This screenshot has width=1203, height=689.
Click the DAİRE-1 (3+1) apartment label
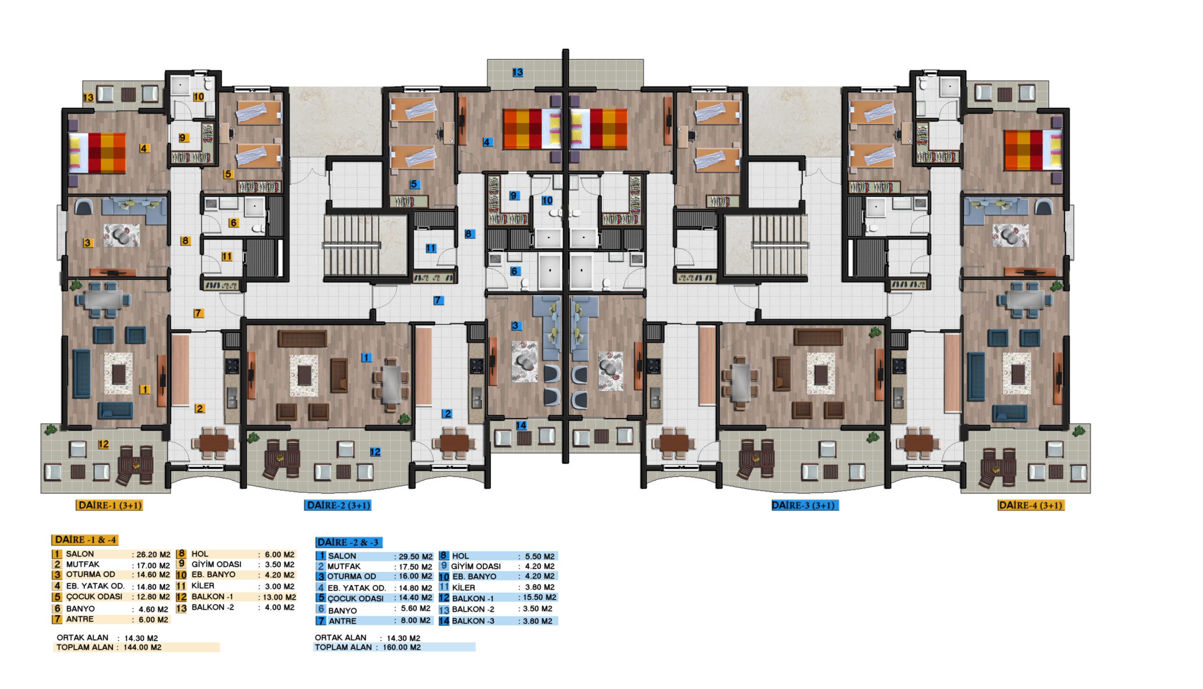coord(109,505)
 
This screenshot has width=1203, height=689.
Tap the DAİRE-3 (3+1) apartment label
coord(805,505)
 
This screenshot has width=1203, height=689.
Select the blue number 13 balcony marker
coord(518,72)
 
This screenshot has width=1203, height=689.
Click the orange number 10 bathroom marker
coord(199,96)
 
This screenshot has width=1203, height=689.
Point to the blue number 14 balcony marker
coord(521,425)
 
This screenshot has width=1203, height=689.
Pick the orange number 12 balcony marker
coord(103,444)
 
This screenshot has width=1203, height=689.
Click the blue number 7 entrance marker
coord(438,300)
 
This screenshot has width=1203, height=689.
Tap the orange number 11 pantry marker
coord(227,257)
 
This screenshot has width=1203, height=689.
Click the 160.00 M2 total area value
coord(402,647)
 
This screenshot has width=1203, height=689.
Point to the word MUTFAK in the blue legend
coord(344,566)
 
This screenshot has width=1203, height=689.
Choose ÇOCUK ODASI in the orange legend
coord(94,597)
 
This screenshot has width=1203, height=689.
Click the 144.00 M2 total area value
coord(142,647)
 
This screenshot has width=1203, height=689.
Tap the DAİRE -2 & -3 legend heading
coord(349,542)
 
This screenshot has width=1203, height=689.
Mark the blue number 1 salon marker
coord(367,358)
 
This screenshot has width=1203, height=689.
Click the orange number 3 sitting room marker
coord(87,243)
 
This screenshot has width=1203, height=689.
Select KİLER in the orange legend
coord(203,586)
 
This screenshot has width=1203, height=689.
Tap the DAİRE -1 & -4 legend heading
coord(85,540)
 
